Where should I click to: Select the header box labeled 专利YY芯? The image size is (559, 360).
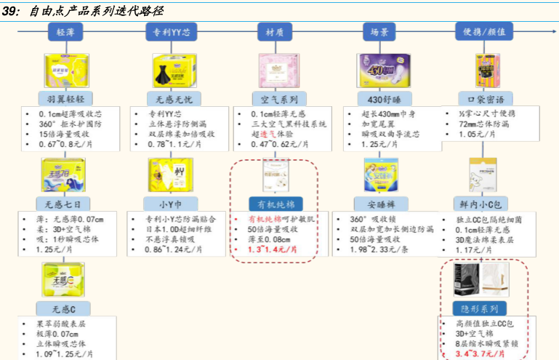click(x=171, y=32)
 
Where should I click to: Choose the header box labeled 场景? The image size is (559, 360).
click(x=379, y=32)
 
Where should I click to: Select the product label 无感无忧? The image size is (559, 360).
click(x=172, y=99)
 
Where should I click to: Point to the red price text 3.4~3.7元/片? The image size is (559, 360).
click(x=480, y=353)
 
